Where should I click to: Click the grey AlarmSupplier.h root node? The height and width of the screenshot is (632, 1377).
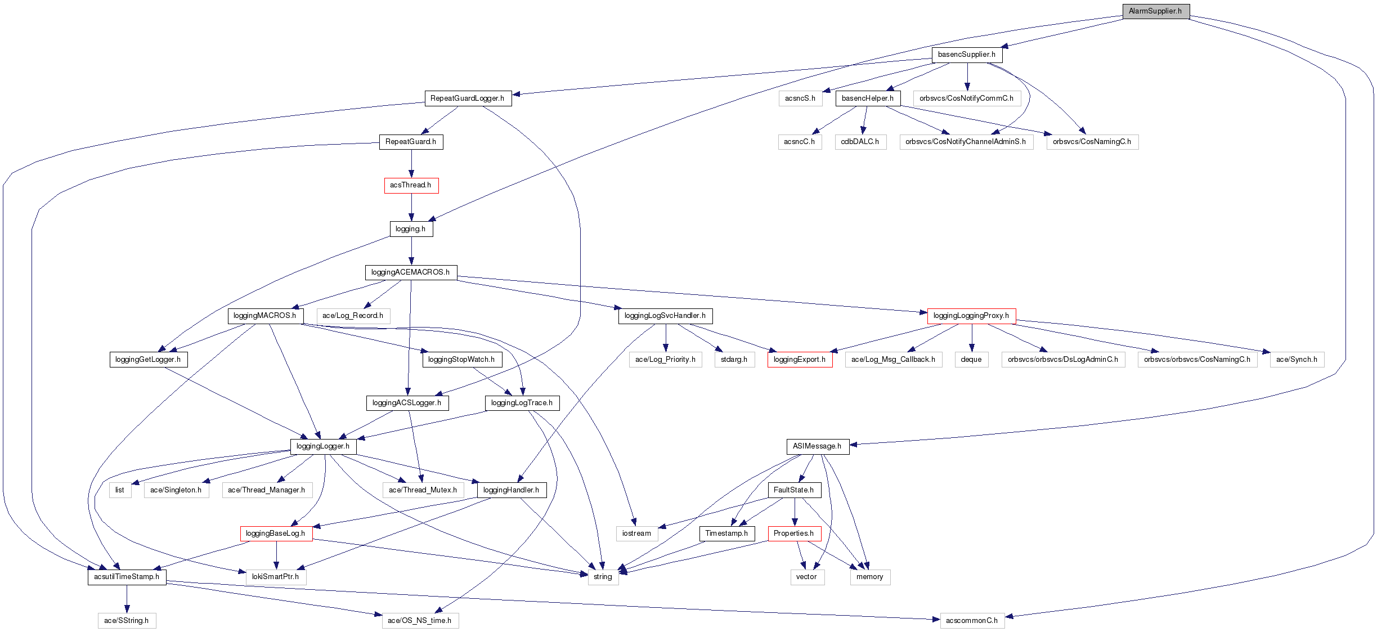point(1155,11)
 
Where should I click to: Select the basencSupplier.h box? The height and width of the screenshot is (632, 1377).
point(966,55)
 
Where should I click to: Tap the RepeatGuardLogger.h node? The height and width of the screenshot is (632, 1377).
point(467,98)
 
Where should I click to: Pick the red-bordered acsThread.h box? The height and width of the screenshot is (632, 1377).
point(411,185)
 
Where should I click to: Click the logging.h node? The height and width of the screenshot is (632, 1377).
point(411,229)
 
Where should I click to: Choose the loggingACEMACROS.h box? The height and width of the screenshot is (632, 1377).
point(410,272)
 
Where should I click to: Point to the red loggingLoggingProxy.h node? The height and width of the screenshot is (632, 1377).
point(971,316)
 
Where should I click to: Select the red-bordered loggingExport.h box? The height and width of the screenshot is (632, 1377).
point(799,360)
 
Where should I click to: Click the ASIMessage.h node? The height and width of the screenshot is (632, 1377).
point(817,446)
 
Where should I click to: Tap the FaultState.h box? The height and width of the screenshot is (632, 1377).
point(793,490)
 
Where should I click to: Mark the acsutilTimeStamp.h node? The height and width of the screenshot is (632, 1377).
point(127,577)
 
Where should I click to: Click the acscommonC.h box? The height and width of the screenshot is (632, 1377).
point(971,621)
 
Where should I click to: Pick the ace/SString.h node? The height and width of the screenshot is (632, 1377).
point(126,621)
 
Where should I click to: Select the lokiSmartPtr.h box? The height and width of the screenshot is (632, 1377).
point(275,577)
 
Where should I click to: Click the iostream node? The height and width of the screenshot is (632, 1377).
point(636,534)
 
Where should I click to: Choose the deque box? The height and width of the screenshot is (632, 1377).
point(971,360)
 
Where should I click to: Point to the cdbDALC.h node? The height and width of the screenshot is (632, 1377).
point(860,142)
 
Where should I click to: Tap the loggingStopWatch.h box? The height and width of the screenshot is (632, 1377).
point(461,360)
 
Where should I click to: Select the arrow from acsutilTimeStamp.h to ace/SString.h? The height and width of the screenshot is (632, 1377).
point(127,599)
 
